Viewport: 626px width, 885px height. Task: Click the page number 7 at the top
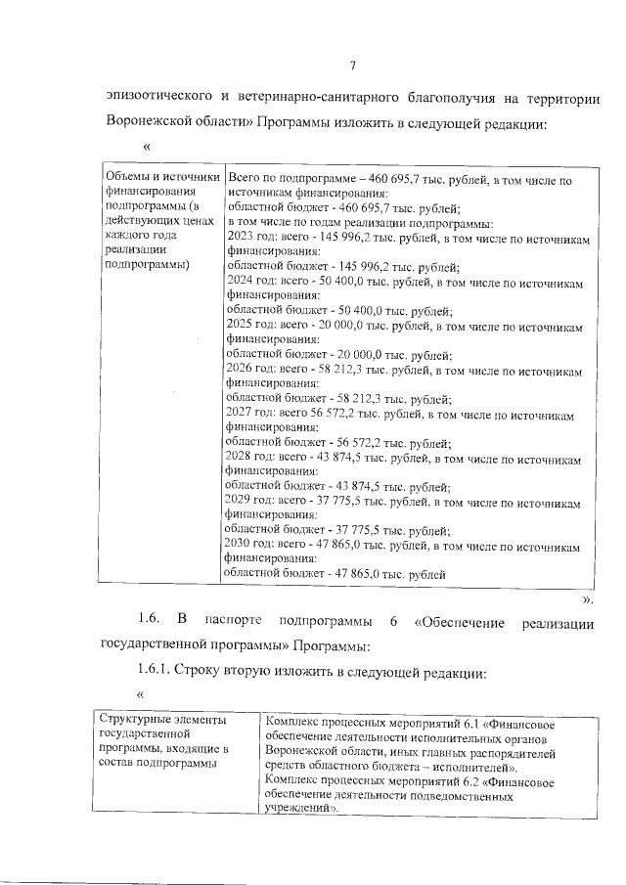coord(352,66)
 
